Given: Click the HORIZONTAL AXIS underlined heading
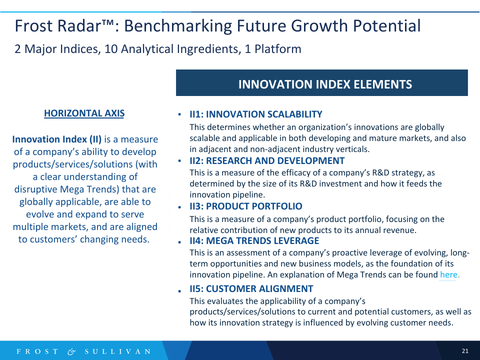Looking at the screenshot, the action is [84, 113].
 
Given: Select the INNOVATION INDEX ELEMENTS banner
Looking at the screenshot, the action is [321, 82].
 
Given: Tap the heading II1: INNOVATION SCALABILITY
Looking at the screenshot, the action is [255, 114].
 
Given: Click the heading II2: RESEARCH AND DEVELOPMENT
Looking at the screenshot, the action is [267, 160].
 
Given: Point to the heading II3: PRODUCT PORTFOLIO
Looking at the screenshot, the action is [246, 206].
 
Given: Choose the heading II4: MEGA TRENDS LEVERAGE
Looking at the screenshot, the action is [254, 241].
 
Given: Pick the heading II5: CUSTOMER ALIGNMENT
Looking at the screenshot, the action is [251, 288].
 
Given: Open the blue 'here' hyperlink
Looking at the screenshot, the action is [449, 274].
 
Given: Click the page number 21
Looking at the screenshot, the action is [465, 351].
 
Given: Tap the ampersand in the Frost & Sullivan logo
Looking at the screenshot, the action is [71, 351].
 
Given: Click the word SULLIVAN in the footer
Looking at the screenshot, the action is [117, 351].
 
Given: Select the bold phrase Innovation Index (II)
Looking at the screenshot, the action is [57, 139].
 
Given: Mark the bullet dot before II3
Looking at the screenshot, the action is [179, 207].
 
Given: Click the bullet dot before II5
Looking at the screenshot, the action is [179, 291].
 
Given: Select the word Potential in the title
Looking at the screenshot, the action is [386, 25].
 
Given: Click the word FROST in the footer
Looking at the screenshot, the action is [37, 351].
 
